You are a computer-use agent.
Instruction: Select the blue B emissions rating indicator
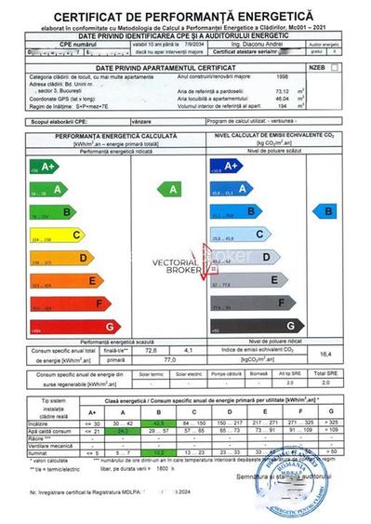(331, 212)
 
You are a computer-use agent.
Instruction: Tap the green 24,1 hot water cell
(93, 432)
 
